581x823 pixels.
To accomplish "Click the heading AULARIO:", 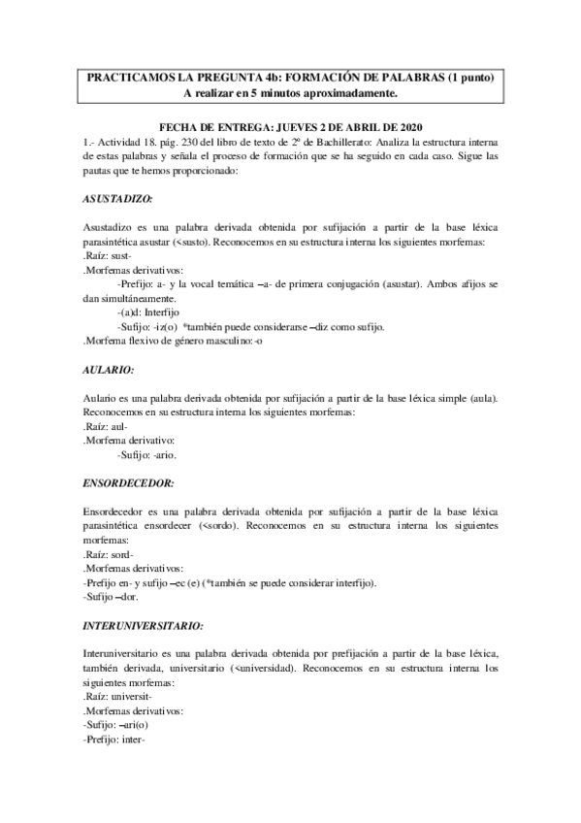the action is coord(108,371).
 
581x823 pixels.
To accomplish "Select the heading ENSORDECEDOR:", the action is coord(128,481).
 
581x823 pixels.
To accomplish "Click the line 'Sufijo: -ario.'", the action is coord(146,454).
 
